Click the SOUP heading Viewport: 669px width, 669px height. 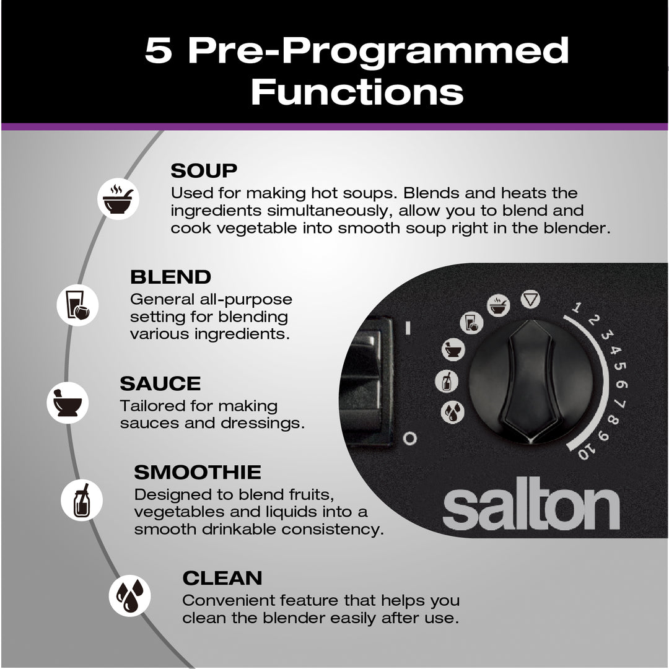tap(204, 171)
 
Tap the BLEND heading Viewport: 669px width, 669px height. tap(171, 277)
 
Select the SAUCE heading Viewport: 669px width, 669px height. tap(160, 383)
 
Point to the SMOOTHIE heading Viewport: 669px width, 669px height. tap(198, 472)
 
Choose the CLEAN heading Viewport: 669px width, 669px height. tap(222, 578)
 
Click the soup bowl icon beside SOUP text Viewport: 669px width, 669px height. tap(118, 199)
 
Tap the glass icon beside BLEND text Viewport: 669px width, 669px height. tap(77, 305)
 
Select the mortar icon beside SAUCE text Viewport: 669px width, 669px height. tap(68, 403)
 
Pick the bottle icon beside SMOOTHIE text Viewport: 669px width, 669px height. tap(82, 500)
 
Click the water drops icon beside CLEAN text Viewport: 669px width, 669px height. tap(129, 596)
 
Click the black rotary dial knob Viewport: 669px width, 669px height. tap(531, 382)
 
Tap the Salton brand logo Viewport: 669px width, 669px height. tap(531, 504)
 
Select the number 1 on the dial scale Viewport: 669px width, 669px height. tap(577, 307)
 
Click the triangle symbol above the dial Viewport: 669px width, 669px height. tap(530, 300)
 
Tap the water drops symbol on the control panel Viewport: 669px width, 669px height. tap(452, 412)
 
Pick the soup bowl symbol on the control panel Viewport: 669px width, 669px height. tap(498, 305)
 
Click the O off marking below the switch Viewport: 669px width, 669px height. tap(409, 438)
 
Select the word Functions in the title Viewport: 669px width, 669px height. tap(357, 91)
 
